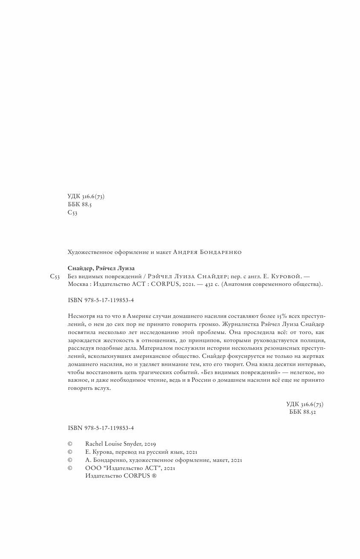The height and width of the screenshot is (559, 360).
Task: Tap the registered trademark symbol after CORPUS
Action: pyautogui.click(x=154, y=476)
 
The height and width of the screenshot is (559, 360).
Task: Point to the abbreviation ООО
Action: pyautogui.click(x=92, y=468)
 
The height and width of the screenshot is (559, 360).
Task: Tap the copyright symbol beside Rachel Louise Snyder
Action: pyautogui.click(x=70, y=444)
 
